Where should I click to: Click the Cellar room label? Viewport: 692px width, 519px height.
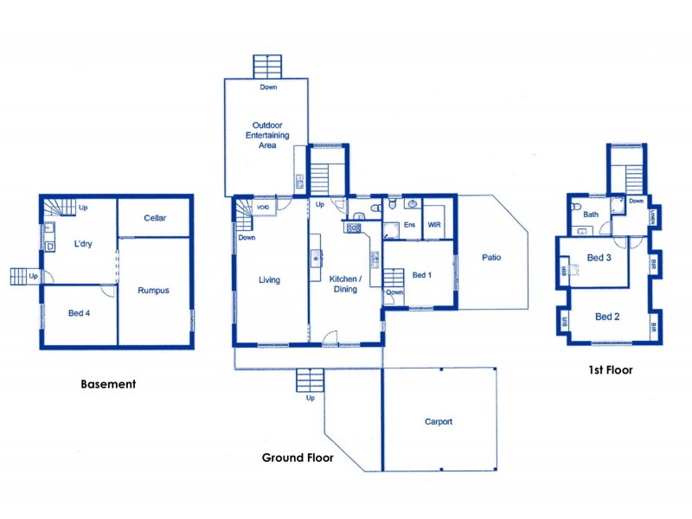155,218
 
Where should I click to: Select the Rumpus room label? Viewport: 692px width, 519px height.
153,291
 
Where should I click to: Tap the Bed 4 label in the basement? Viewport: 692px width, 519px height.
79,313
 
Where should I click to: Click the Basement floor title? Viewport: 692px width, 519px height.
108,384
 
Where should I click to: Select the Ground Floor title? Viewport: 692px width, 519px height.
298,458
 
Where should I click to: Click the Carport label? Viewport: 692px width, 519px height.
439,422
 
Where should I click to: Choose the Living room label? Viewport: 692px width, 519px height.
269,280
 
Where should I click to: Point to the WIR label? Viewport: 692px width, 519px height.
434,225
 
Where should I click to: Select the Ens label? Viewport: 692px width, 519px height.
409,225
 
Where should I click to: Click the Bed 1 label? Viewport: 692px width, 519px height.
421,275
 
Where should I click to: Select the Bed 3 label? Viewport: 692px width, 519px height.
599,258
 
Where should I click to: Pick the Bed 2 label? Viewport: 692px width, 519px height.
607,317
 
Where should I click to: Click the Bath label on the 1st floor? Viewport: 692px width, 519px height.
591,215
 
